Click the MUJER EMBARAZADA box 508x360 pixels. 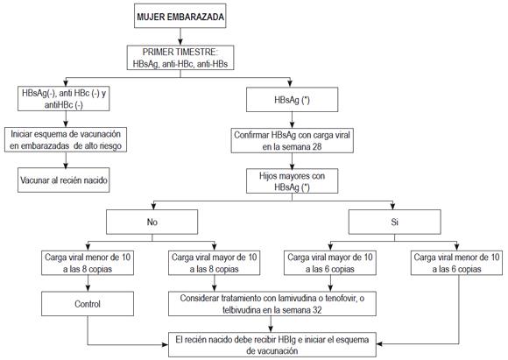coord(180,16)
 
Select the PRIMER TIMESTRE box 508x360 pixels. coord(180,58)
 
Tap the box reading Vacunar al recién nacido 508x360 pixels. coord(63,180)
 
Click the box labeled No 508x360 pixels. coord(152,222)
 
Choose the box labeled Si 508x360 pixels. coord(395,222)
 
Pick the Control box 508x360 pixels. coord(88,304)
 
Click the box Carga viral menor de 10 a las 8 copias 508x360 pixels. coord(88,263)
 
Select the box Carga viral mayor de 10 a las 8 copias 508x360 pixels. coord(215,263)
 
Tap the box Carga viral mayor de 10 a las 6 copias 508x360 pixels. coord(330,263)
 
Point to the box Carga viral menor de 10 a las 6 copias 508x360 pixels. coord(457,263)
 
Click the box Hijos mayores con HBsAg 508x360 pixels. coord(292,181)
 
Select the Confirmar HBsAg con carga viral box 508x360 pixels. coord(292,141)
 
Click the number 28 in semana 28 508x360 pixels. coord(317,147)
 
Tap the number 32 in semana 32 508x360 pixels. coord(317,310)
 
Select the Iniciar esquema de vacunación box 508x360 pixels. coord(66,139)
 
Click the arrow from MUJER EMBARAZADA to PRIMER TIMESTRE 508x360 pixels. coord(180,37)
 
